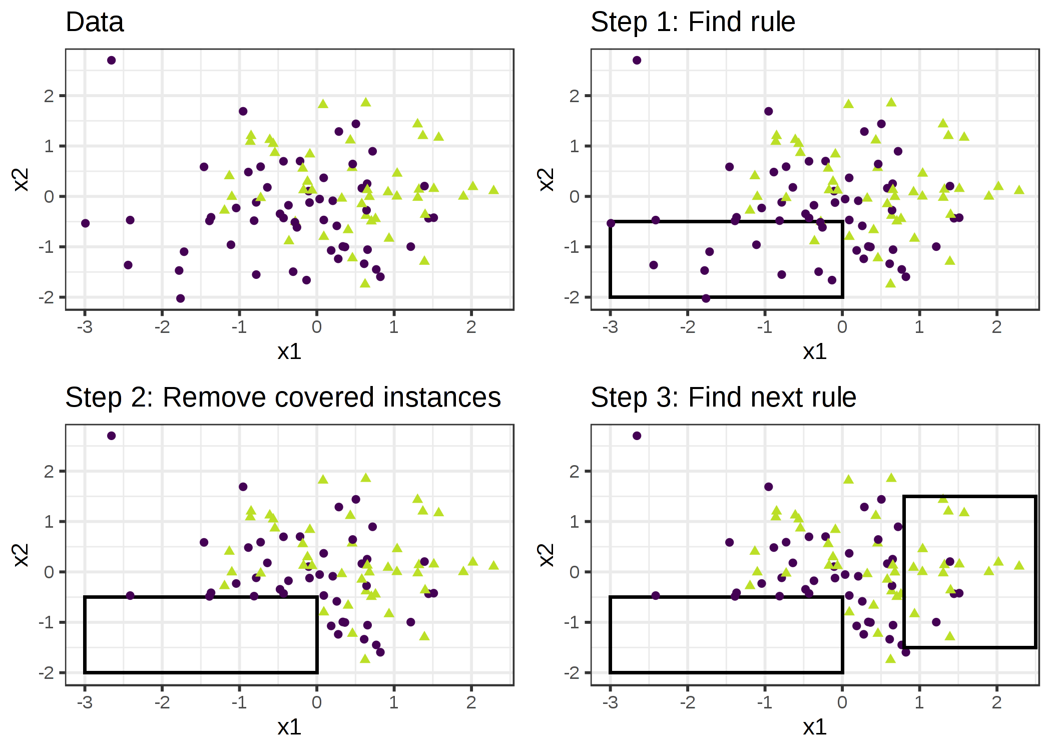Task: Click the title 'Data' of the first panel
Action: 95,23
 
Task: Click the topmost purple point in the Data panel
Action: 112,61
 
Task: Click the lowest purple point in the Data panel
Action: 181,298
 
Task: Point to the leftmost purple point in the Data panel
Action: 86,223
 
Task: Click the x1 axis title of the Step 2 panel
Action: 289,727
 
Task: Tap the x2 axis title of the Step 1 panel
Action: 547,180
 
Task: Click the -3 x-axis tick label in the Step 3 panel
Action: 610,702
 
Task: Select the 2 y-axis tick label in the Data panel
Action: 49,96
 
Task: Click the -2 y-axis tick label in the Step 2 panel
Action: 46,672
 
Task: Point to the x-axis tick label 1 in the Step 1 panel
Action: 919,327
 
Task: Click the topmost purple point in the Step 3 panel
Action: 637,436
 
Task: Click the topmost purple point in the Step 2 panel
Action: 112,436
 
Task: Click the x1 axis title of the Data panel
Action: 289,351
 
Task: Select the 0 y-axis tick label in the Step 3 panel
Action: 574,572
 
